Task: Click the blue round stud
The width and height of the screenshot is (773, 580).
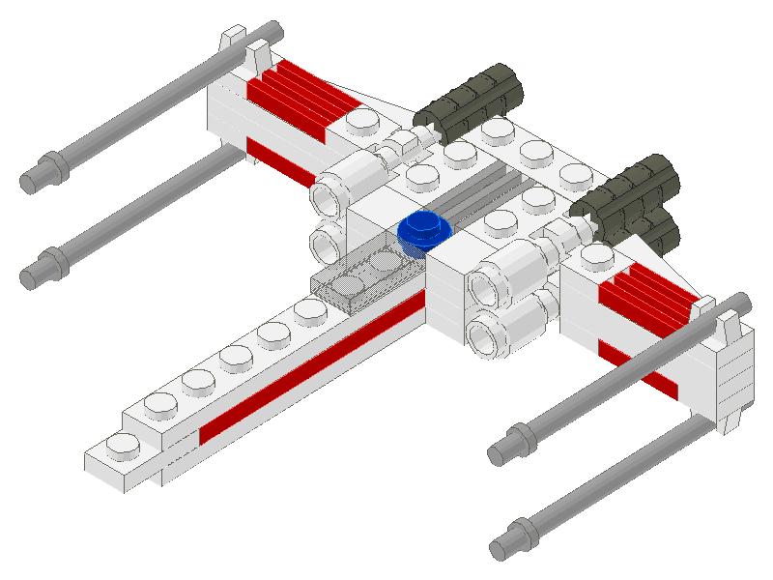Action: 424,231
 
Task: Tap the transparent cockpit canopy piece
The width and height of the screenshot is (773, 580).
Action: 361,275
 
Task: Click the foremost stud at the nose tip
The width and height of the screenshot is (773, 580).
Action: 123,446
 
